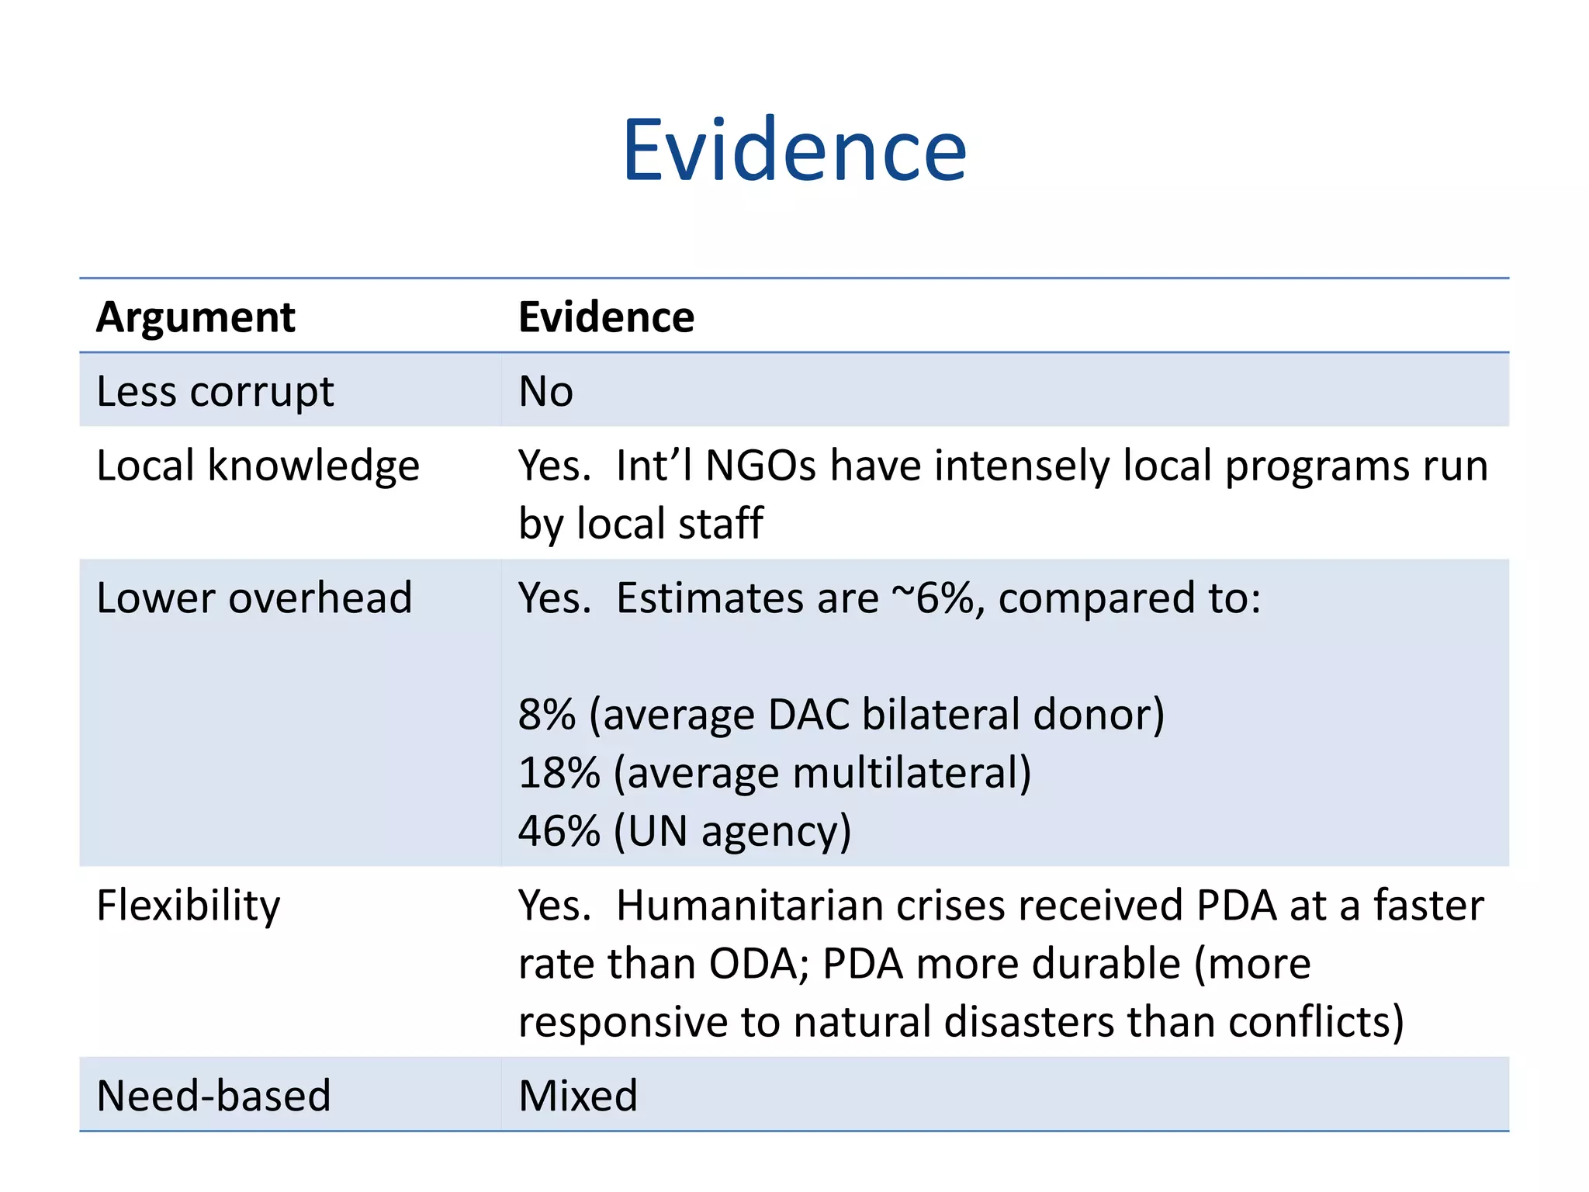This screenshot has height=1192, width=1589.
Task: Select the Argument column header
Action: tap(196, 317)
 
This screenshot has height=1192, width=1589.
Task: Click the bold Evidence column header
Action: tap(606, 317)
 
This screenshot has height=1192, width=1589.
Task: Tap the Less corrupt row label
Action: tap(215, 391)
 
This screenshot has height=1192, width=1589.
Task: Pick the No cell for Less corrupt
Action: tap(545, 391)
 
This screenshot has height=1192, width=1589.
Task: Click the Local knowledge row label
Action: tap(258, 466)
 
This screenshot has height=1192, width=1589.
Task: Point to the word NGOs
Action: tap(760, 466)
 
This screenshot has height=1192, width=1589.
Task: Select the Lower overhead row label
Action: tap(254, 598)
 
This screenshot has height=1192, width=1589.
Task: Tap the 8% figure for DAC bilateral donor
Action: tap(547, 714)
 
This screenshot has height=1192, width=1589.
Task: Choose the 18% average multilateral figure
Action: tap(559, 773)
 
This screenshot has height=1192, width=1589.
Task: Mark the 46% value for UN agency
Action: tap(559, 831)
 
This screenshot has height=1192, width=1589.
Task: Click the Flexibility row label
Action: tap(188, 906)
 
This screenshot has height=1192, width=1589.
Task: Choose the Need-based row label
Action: tap(213, 1096)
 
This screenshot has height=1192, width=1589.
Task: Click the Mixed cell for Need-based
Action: tap(578, 1096)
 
